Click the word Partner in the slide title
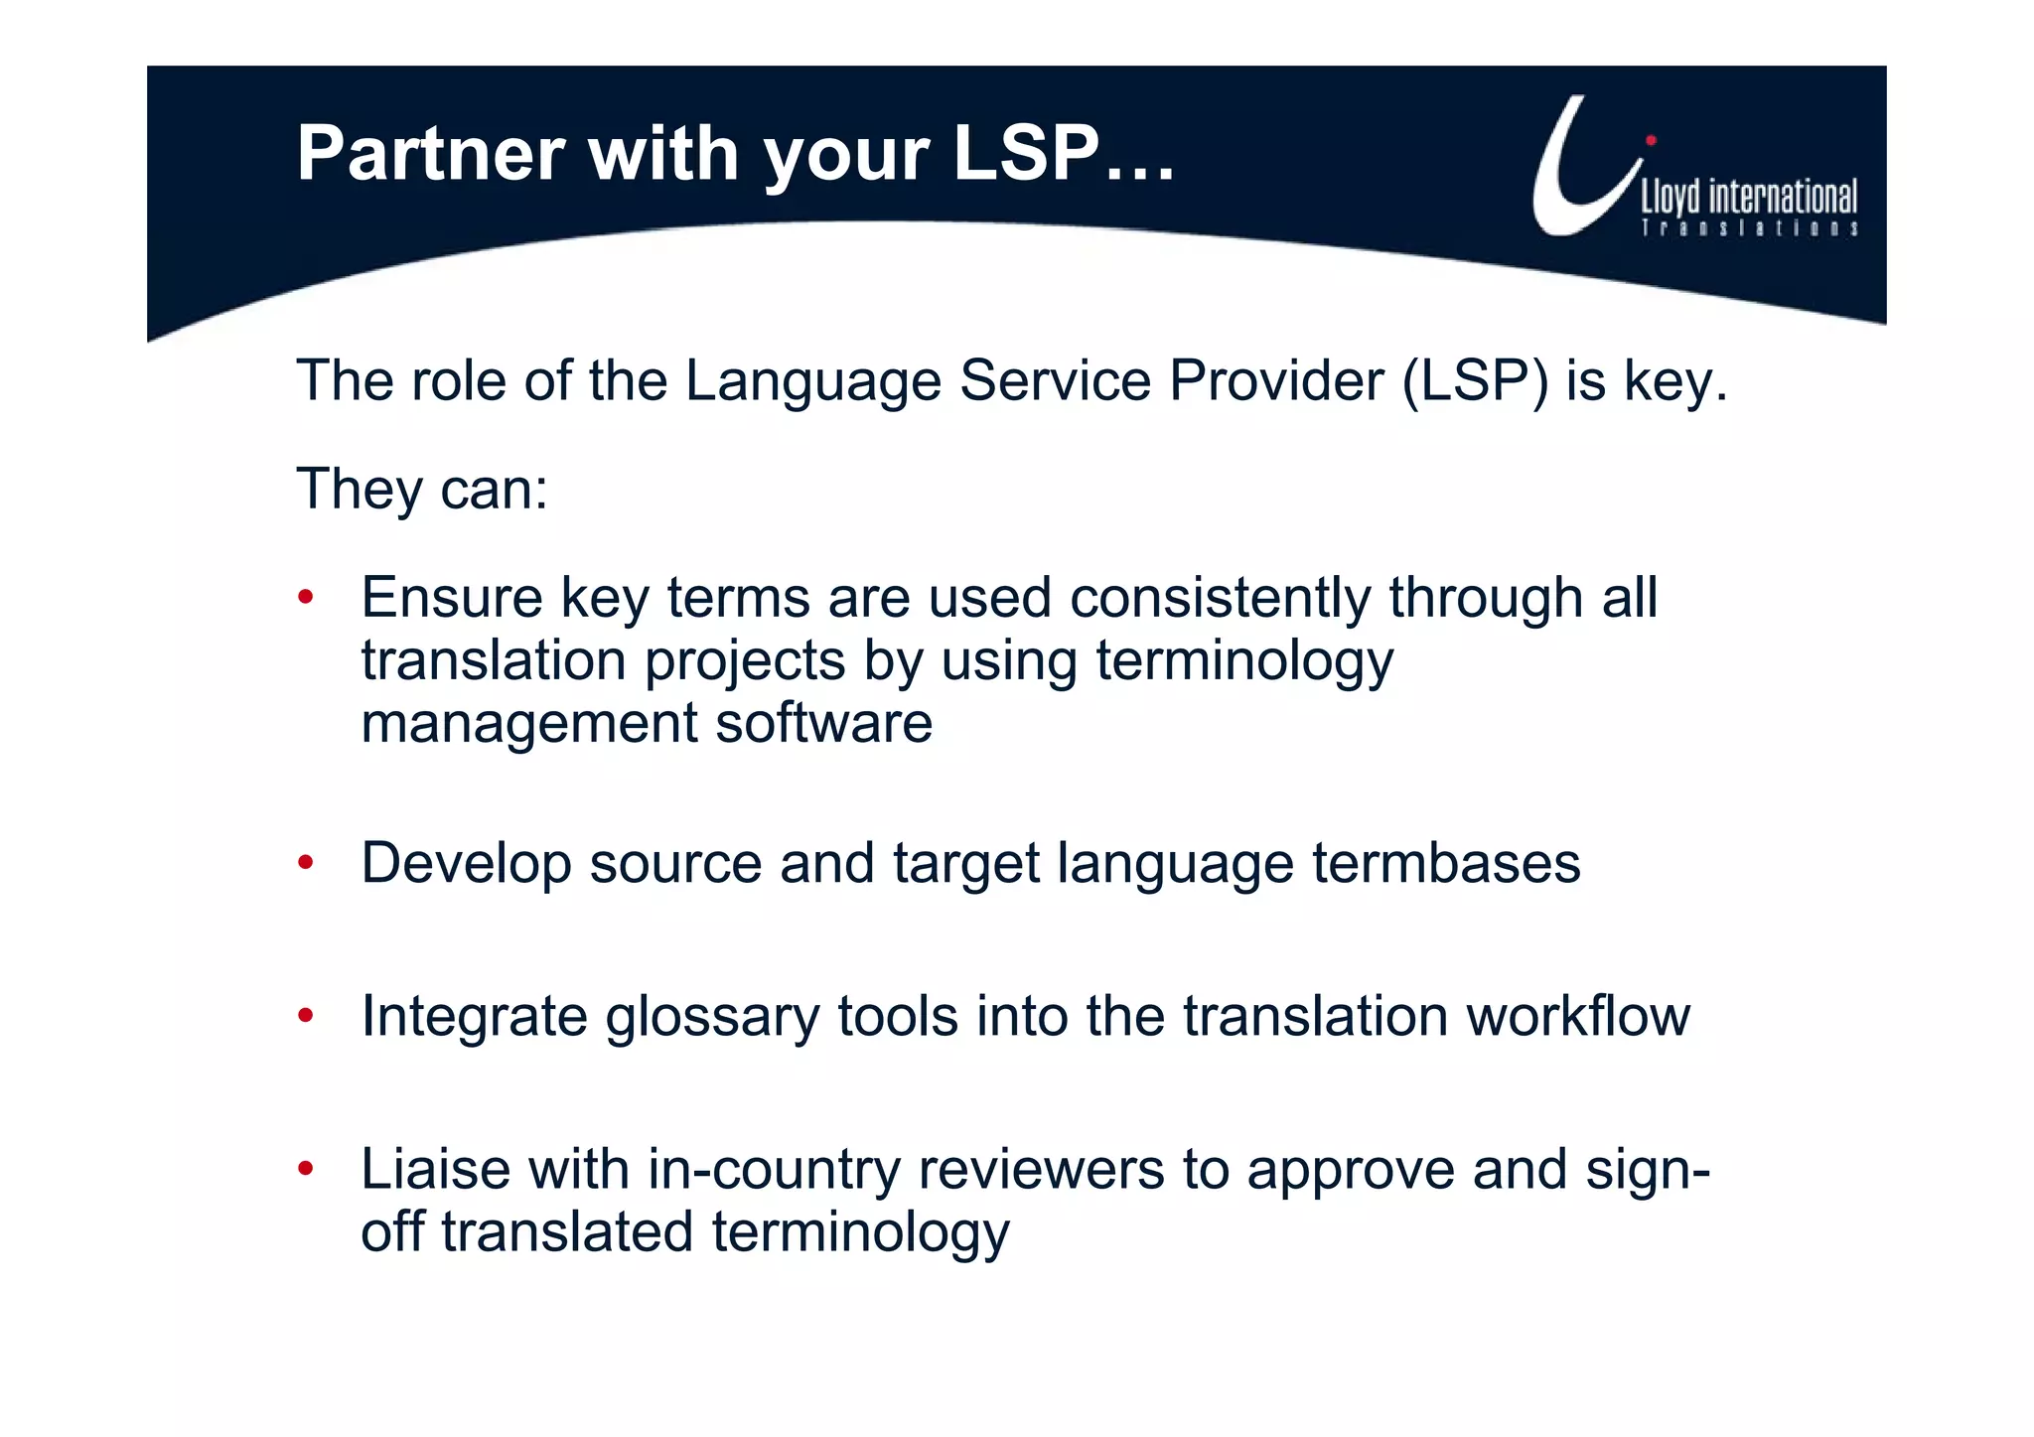[430, 154]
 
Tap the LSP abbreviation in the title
[1026, 154]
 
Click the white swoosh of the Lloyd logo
[1579, 179]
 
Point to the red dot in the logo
[1651, 141]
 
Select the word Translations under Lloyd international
[1749, 228]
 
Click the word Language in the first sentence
[812, 380]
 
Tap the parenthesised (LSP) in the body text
[1475, 380]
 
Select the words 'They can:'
[422, 489]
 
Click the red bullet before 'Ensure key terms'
[306, 598]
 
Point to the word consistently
[1220, 598]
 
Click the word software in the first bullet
[823, 723]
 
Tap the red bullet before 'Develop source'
[306, 862]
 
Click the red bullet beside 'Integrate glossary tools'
[306, 1016]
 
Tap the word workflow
[1578, 1016]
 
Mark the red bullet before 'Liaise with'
[306, 1169]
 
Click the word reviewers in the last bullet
[1041, 1169]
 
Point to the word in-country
[774, 1169]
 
